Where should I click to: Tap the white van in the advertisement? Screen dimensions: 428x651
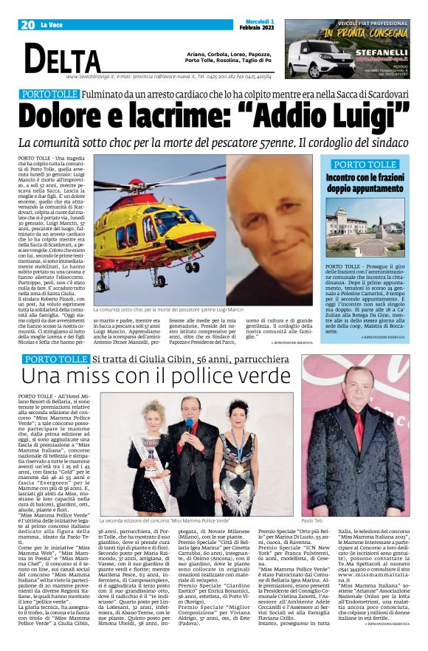pyautogui.click(x=314, y=55)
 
